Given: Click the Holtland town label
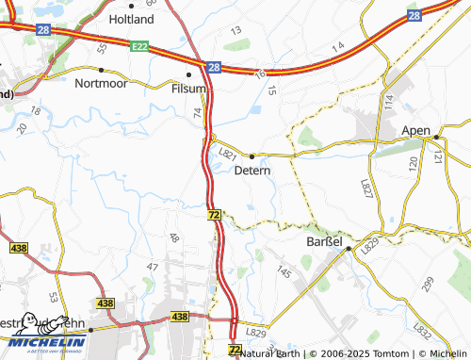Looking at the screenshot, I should pyautogui.click(x=132, y=19).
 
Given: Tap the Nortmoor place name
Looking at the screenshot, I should pyautogui.click(x=100, y=82).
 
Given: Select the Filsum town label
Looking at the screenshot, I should pyautogui.click(x=188, y=88).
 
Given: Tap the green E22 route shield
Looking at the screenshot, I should pyautogui.click(x=140, y=45).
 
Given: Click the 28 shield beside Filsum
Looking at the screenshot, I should pyautogui.click(x=214, y=68).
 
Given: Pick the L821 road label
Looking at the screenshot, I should pyautogui.click(x=226, y=152).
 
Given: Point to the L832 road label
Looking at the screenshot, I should pyautogui.click(x=422, y=329).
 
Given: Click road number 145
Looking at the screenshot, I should pyautogui.click(x=284, y=271).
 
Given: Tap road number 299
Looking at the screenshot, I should pyautogui.click(x=428, y=283).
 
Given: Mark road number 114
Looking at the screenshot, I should pyautogui.click(x=387, y=101).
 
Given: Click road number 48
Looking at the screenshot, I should pyautogui.click(x=173, y=238).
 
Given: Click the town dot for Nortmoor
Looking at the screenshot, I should pyautogui.click(x=101, y=70).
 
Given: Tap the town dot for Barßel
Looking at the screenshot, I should pyautogui.click(x=349, y=249).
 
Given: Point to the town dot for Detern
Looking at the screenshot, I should pyautogui.click(x=252, y=155).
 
